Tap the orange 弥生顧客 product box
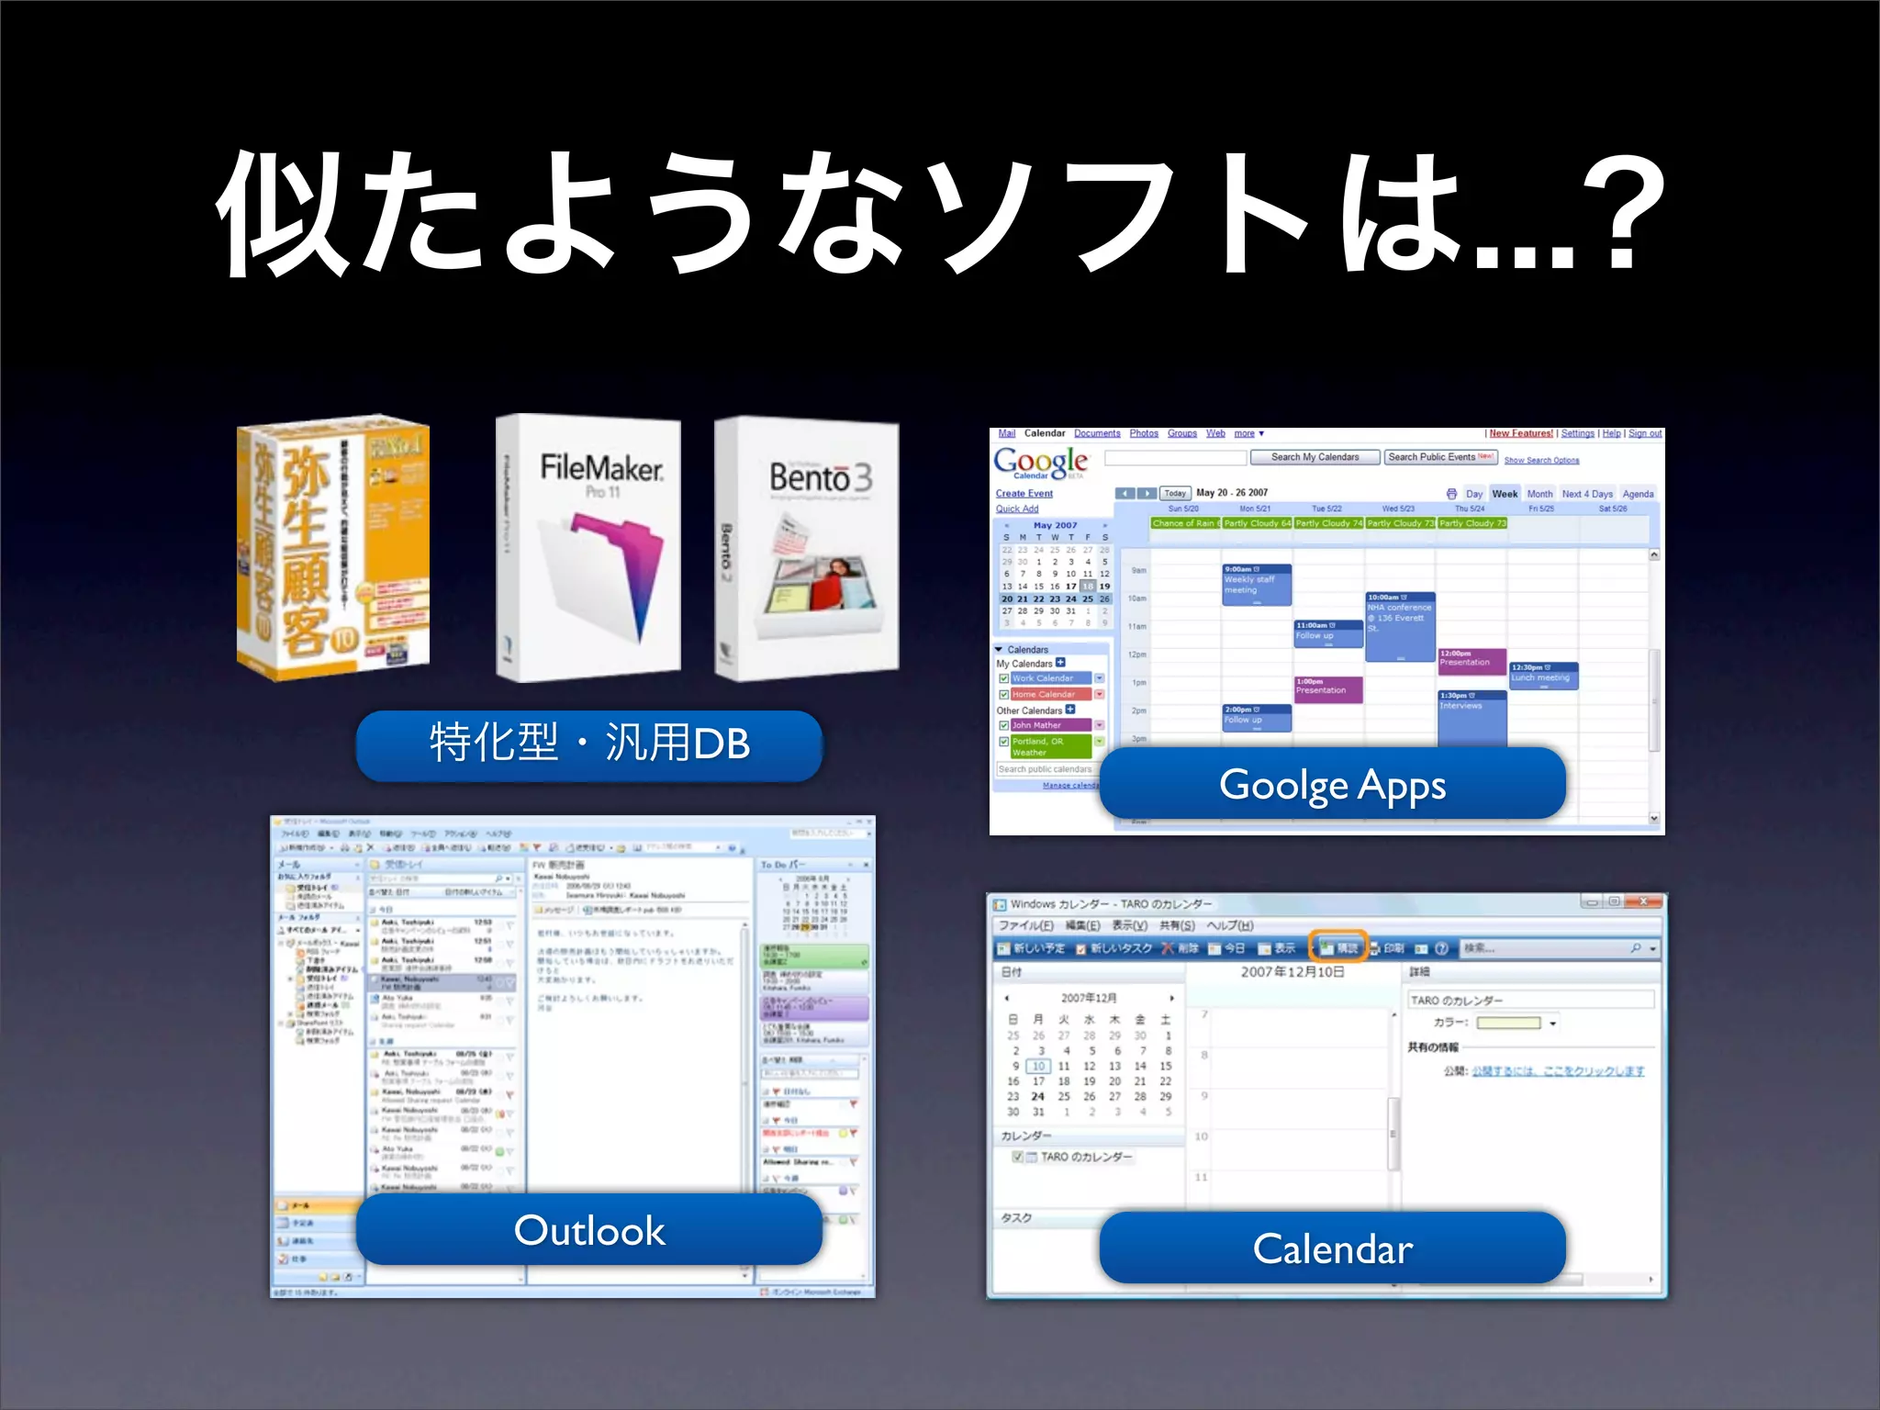point(333,547)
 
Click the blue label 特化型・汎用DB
point(588,744)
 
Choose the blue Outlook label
point(588,1230)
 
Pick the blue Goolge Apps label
point(1332,784)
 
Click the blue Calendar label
point(1332,1248)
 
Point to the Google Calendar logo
point(1041,462)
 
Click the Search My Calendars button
point(1315,457)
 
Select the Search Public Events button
point(1439,457)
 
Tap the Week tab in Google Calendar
point(1505,494)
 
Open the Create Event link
point(1024,494)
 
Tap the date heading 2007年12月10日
point(1292,972)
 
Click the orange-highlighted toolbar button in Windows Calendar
point(1338,948)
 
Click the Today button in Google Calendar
point(1175,494)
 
